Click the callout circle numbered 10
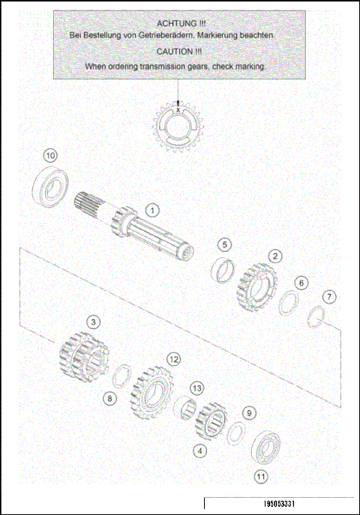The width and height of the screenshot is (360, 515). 50,155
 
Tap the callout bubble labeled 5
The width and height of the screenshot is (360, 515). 225,244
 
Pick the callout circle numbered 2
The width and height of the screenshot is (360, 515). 276,256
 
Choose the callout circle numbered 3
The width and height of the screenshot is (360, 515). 92,322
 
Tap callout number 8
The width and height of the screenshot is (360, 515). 109,398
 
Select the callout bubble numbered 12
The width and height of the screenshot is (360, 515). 173,359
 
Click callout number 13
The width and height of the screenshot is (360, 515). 196,388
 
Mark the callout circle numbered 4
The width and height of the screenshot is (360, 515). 199,451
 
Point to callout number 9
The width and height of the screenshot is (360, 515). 250,413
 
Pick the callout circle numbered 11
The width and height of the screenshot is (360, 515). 260,475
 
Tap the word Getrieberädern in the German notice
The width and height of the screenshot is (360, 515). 167,36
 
